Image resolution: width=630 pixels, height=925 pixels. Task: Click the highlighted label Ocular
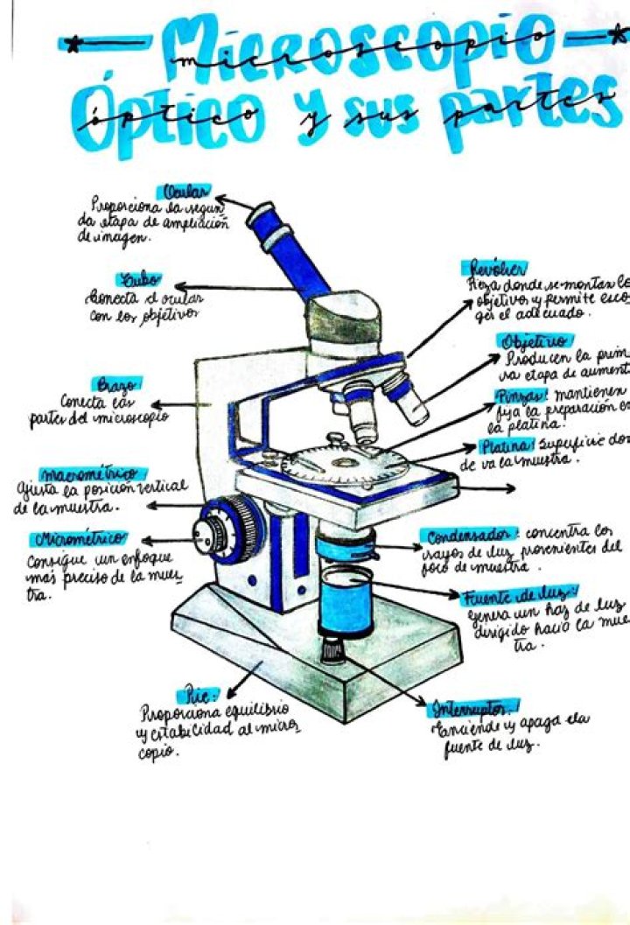point(184,192)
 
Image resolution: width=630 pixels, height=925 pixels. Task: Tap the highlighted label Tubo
point(139,279)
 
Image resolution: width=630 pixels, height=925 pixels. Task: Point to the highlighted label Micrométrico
point(80,537)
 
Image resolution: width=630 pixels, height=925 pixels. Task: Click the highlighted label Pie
point(199,695)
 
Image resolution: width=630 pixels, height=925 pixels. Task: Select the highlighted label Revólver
point(498,268)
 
